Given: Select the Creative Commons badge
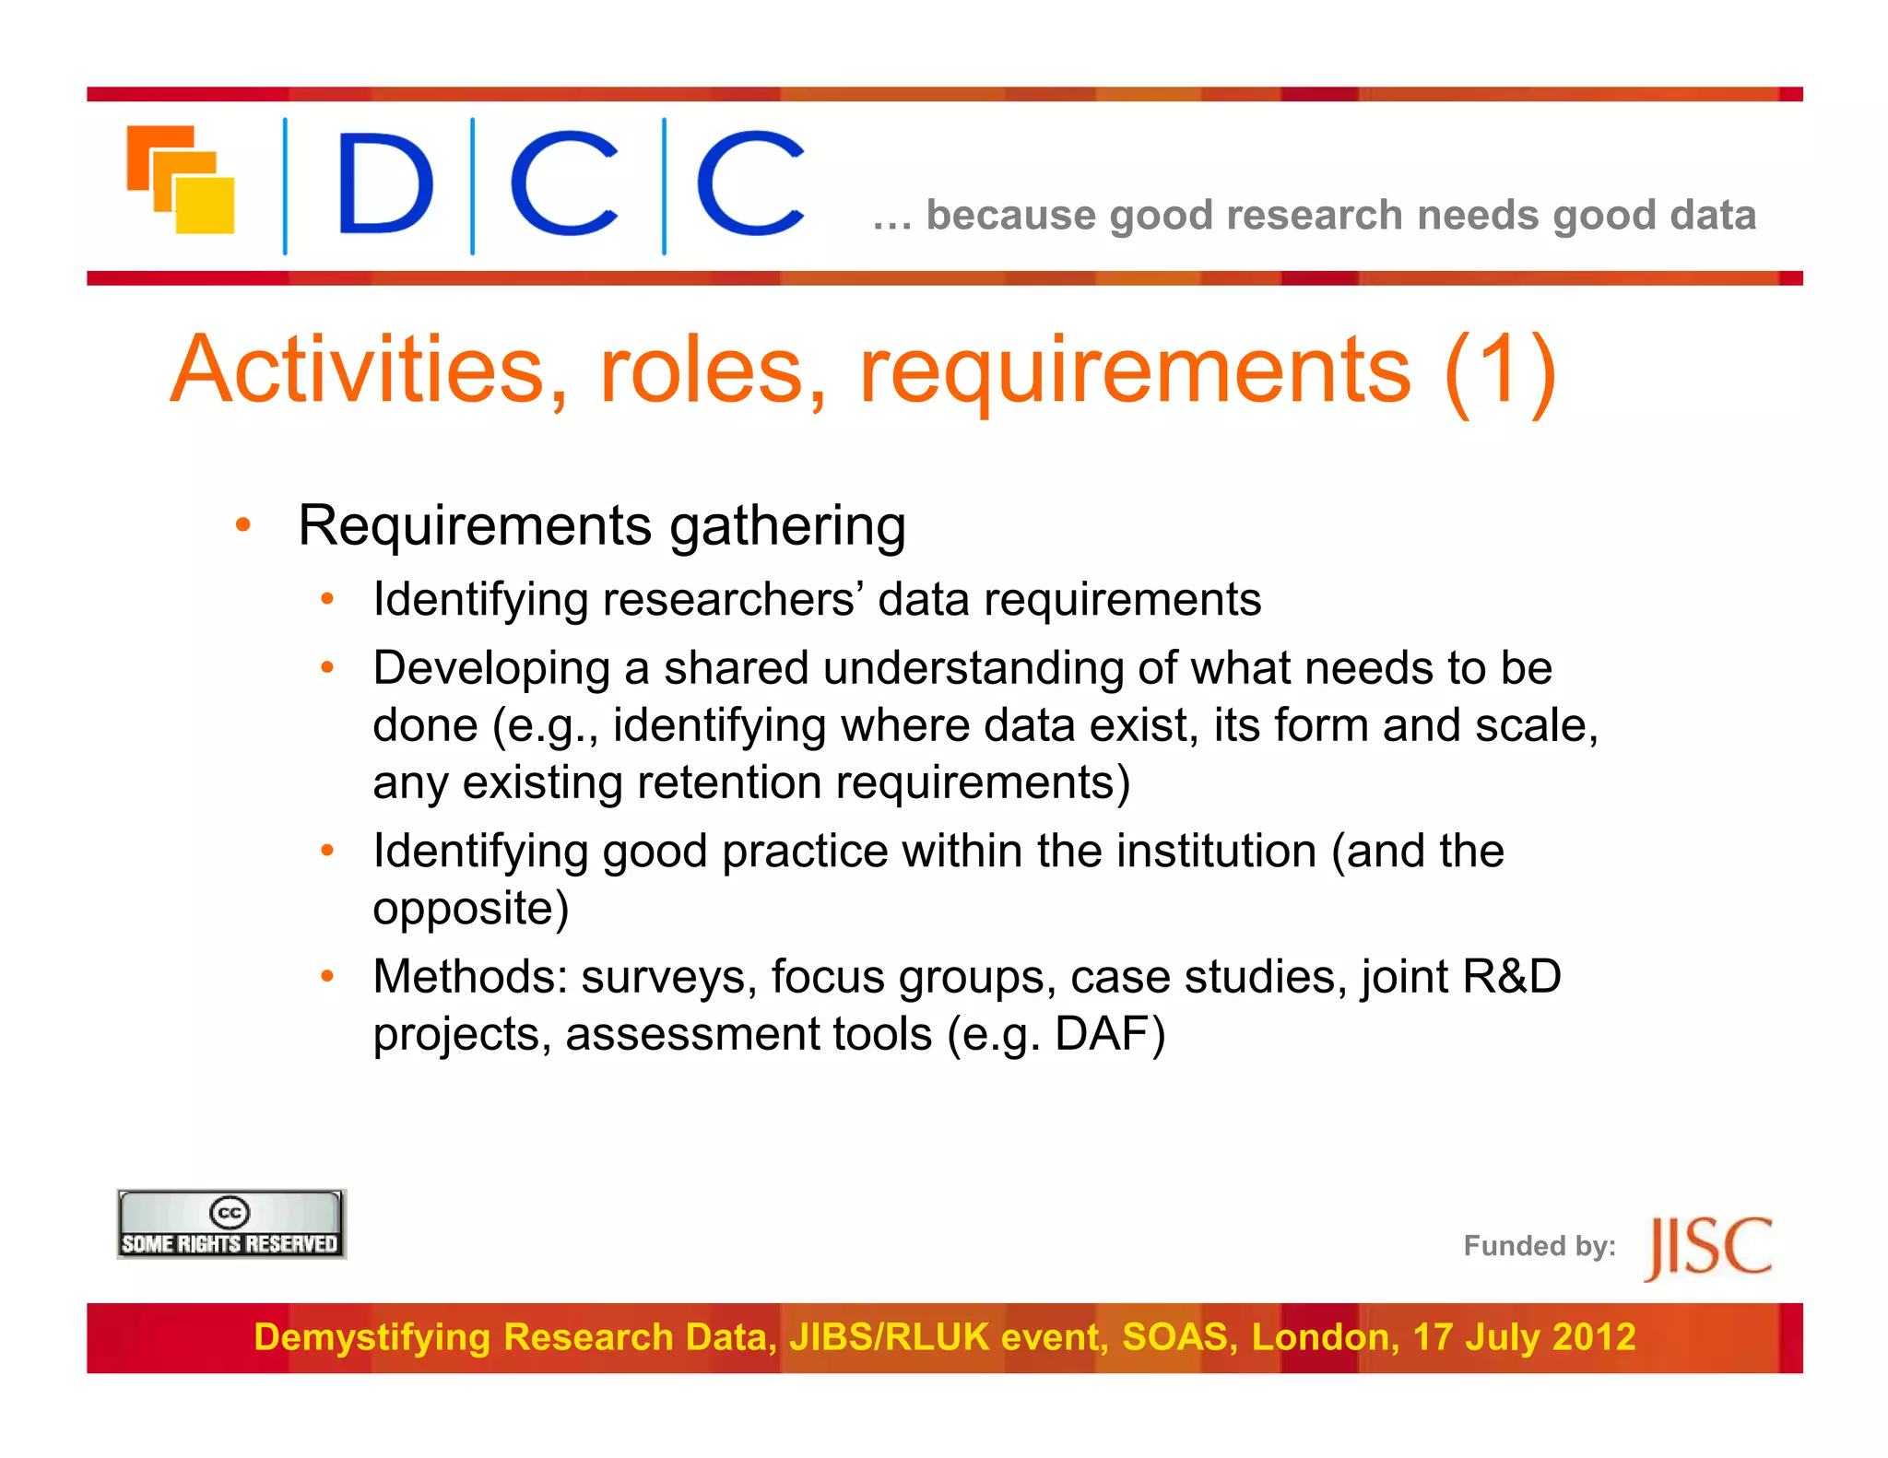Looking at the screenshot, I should click(x=231, y=1224).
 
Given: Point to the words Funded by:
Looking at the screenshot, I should click(x=1540, y=1246).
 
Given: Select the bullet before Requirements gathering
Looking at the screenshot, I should click(x=243, y=525).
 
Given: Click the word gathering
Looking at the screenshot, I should click(x=787, y=527).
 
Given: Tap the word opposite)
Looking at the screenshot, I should click(x=471, y=910).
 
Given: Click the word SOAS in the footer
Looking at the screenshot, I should click(x=1179, y=1337).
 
